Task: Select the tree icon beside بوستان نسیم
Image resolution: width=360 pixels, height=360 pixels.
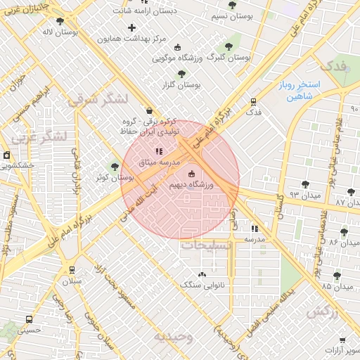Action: [233, 6]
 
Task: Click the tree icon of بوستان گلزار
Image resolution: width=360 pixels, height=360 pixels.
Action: [181, 73]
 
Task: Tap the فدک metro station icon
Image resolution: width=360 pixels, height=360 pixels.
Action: [252, 101]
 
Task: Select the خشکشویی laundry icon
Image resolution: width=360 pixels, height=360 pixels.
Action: [6, 155]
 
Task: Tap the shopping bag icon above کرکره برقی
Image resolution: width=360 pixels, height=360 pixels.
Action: [149, 110]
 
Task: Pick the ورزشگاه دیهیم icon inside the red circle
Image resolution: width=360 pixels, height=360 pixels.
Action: [191, 173]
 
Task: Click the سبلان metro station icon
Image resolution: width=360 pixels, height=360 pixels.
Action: [71, 270]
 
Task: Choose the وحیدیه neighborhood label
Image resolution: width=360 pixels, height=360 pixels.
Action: [173, 336]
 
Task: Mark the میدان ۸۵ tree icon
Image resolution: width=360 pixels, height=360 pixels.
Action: [337, 276]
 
